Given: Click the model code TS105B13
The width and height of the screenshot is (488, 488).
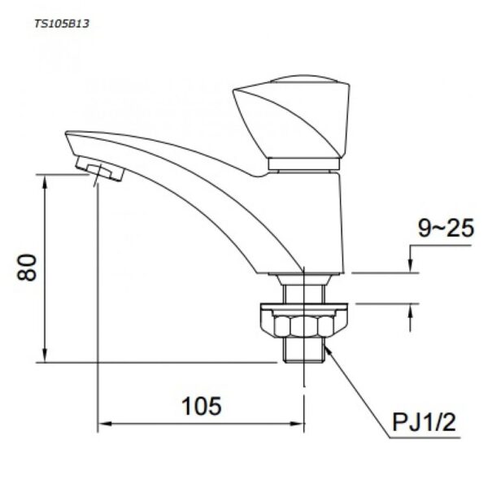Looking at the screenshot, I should click(62, 24).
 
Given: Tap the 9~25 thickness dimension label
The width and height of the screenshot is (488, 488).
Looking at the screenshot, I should click(446, 230).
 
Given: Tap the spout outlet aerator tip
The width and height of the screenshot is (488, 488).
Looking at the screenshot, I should click(96, 169).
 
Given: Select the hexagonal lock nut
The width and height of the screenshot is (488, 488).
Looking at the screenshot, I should click(304, 327).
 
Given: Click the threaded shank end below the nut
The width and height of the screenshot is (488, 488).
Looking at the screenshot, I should click(304, 351).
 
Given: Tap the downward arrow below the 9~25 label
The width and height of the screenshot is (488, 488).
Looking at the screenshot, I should click(411, 267).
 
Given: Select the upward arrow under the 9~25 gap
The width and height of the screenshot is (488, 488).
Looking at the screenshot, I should click(411, 309).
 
